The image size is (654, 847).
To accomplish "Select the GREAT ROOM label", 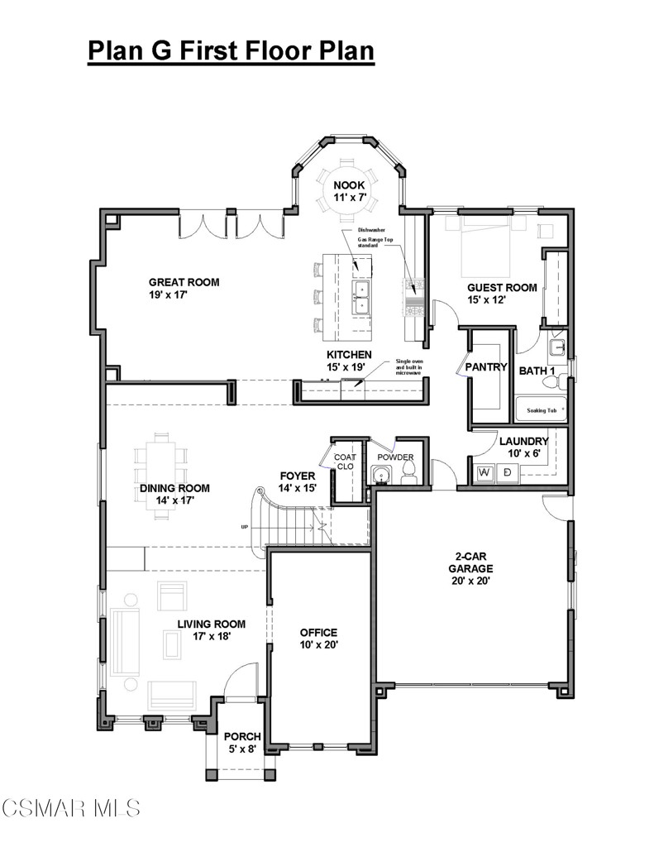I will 184,288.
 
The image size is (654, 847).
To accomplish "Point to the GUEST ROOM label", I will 502,294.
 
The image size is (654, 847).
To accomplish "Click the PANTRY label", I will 485,366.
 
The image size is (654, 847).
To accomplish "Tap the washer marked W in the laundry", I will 485,473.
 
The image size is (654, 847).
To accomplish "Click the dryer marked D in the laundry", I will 507,473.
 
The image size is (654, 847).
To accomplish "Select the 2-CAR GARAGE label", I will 470,568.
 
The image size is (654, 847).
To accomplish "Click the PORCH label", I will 242,742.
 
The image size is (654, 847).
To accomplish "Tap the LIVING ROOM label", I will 212,630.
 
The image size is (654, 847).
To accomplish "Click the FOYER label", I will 298,481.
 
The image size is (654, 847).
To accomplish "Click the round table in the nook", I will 348,192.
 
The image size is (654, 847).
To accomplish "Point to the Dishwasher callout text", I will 373,230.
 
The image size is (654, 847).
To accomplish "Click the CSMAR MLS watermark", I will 71,806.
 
